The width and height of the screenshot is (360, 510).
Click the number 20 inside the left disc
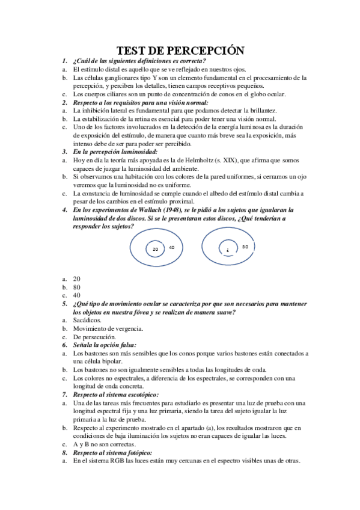(154, 248)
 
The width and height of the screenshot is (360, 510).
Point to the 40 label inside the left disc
(172, 247)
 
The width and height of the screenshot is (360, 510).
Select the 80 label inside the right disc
(245, 247)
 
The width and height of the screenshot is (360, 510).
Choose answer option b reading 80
(76, 287)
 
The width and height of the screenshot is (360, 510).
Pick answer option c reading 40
(76, 296)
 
